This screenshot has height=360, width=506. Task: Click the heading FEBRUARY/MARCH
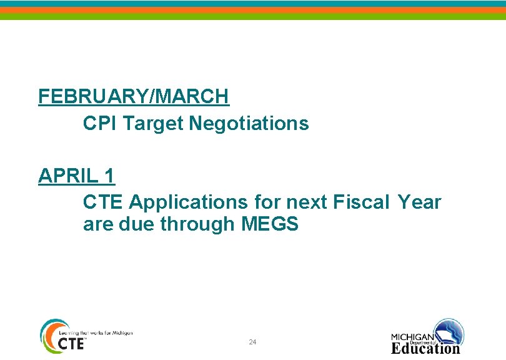[x=134, y=96]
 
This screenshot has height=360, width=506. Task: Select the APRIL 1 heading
[x=76, y=176]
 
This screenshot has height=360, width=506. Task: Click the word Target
[x=153, y=124]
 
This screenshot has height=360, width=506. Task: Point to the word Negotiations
[x=249, y=124]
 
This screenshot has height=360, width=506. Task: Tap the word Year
[x=419, y=202]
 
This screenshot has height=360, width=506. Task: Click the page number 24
[x=252, y=342]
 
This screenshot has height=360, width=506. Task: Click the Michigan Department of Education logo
[x=427, y=336]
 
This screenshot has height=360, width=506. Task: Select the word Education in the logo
[x=425, y=348]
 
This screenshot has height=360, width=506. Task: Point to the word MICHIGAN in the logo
[x=413, y=336]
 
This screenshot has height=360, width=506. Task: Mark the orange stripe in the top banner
[x=253, y=10]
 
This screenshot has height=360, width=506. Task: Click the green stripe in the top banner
[x=253, y=17]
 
